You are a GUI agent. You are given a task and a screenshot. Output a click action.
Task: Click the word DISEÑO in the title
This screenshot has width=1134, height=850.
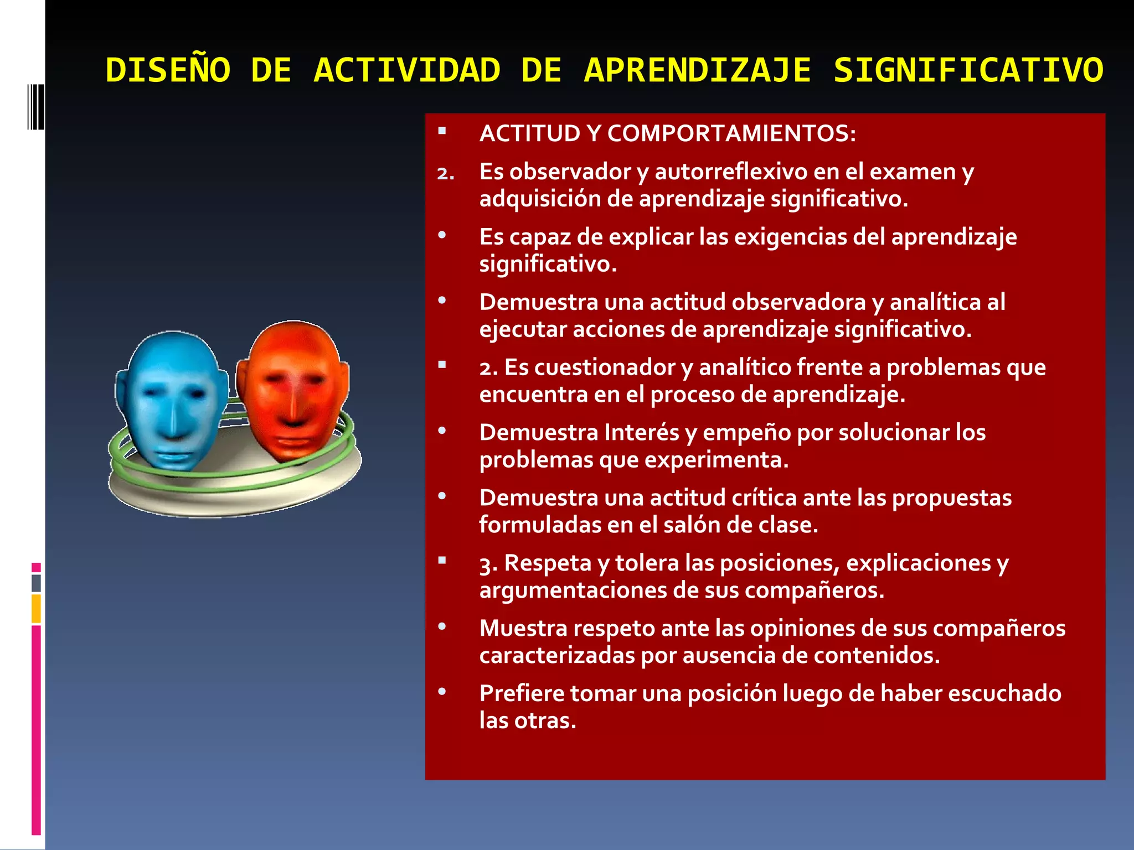[x=168, y=71]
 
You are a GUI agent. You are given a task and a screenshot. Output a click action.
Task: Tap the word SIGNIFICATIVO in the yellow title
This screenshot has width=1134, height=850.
[x=968, y=71]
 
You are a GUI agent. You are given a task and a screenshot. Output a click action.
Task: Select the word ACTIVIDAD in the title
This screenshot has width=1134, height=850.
[x=407, y=71]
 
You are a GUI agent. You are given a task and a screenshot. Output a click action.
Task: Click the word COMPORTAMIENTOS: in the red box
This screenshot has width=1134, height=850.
[x=731, y=133]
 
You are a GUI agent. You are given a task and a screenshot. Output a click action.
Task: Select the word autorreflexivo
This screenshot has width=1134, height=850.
[x=730, y=172]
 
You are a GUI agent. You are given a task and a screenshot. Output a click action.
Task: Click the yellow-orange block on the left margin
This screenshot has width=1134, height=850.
[x=36, y=609]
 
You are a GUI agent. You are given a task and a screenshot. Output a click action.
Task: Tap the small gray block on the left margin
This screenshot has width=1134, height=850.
[x=36, y=583]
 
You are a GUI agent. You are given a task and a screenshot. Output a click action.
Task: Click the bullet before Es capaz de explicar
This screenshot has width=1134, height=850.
[x=442, y=236]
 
